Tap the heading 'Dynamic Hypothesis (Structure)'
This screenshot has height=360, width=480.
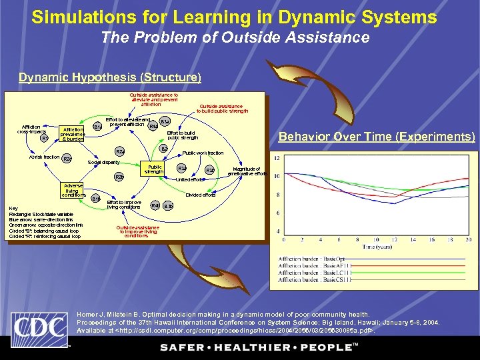pos(110,77)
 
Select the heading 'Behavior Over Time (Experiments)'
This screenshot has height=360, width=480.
pos(377,137)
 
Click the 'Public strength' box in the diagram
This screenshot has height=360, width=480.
pos(155,169)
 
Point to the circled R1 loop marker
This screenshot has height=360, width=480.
pos(45,139)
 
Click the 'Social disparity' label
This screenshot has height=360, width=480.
pos(104,163)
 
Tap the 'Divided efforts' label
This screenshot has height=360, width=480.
pos(200,195)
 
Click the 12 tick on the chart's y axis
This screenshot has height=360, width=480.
pos(277,157)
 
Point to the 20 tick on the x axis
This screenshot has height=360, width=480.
pos(469,239)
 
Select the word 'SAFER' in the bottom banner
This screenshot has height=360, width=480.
pos(181,347)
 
